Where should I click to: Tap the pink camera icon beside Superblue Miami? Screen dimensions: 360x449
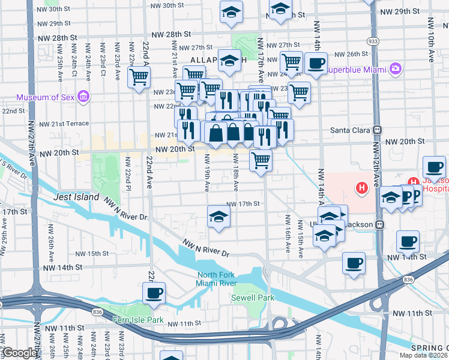[x=395, y=68]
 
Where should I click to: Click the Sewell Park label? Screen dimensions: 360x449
[x=253, y=298]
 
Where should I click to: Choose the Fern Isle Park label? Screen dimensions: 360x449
[x=138, y=320]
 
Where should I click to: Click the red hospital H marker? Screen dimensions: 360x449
[x=361, y=188]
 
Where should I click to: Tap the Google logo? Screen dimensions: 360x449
[x=19, y=353]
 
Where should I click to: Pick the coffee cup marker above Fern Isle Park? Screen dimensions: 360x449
[x=154, y=292]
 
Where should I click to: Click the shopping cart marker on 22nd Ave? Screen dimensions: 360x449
[x=139, y=77]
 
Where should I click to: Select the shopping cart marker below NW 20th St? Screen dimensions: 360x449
[x=261, y=160]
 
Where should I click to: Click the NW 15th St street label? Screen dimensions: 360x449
[x=89, y=254]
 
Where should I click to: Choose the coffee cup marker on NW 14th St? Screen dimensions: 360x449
[x=354, y=262]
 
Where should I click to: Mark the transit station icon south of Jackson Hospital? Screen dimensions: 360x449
[x=379, y=224]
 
